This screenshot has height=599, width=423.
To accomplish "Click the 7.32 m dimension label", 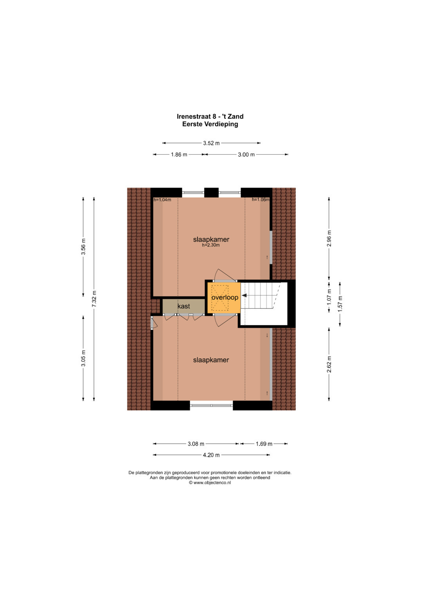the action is click(x=94, y=299).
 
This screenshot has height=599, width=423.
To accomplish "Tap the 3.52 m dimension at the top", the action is click(x=211, y=143).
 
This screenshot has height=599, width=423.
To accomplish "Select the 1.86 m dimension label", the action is click(x=179, y=155).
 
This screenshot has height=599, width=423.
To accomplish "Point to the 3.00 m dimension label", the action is click(x=246, y=155).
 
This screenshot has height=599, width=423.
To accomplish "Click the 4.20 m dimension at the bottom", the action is click(x=211, y=455).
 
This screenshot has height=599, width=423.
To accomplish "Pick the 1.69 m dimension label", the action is click(x=264, y=444).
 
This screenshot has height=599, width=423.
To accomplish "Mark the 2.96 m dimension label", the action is click(x=329, y=239).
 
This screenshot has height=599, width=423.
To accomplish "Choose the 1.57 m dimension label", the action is click(x=340, y=304).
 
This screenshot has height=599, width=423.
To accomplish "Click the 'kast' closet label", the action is click(x=184, y=306).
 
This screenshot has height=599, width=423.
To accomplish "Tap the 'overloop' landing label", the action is click(x=225, y=297).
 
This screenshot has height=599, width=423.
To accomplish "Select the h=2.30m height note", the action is click(x=211, y=245).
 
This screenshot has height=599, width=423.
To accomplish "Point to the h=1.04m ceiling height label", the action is click(x=163, y=200).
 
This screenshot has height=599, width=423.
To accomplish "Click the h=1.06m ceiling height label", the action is click(x=260, y=199).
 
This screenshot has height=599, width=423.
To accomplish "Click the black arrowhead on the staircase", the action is click(x=244, y=295).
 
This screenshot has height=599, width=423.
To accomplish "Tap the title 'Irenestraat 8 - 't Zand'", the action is click(x=210, y=117).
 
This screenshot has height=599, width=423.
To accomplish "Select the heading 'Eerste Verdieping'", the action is click(x=210, y=124).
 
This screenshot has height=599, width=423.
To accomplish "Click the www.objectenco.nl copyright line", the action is click(x=210, y=482).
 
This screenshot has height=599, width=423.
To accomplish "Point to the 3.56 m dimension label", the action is click(x=83, y=247).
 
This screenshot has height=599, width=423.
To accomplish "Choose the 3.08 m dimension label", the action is click(x=196, y=444).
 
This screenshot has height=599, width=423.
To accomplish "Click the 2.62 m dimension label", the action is click(x=329, y=364).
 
